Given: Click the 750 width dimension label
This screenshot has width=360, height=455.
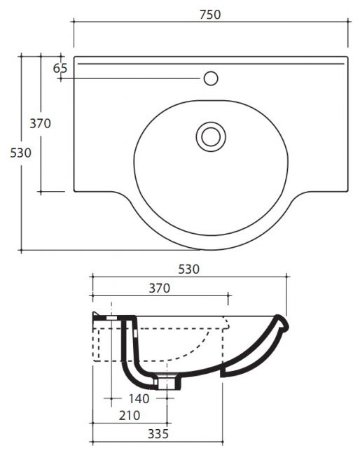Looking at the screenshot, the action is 210,15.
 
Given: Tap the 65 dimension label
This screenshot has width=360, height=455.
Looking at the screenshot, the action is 60,68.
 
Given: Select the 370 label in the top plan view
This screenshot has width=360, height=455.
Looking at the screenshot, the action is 41,124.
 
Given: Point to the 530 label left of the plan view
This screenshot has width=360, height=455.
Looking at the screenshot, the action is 20,153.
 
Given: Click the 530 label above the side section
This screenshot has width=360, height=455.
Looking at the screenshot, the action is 188,269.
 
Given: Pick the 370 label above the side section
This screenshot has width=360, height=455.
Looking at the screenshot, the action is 160,288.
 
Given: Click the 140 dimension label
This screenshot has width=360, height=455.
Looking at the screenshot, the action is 139,399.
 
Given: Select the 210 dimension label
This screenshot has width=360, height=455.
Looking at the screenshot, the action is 130,416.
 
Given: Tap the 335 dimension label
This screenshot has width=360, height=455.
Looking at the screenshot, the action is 158,434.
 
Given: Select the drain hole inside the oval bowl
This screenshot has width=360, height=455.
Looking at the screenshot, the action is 211,136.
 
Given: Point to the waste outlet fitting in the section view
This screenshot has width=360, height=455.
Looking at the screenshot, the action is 167,382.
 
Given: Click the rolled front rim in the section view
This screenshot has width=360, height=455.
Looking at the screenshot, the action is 282,323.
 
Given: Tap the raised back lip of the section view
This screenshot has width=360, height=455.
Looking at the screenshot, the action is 96,316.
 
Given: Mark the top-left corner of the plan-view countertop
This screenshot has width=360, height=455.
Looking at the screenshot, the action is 74,57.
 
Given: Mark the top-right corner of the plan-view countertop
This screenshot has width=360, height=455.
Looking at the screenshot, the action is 347,57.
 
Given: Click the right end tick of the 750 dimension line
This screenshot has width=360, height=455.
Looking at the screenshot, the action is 348,21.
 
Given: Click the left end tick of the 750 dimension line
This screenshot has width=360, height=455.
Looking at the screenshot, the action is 74,21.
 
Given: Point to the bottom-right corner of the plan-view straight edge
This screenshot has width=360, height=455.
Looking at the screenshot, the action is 347,191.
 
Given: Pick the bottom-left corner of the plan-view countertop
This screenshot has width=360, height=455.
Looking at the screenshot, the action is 74,191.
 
